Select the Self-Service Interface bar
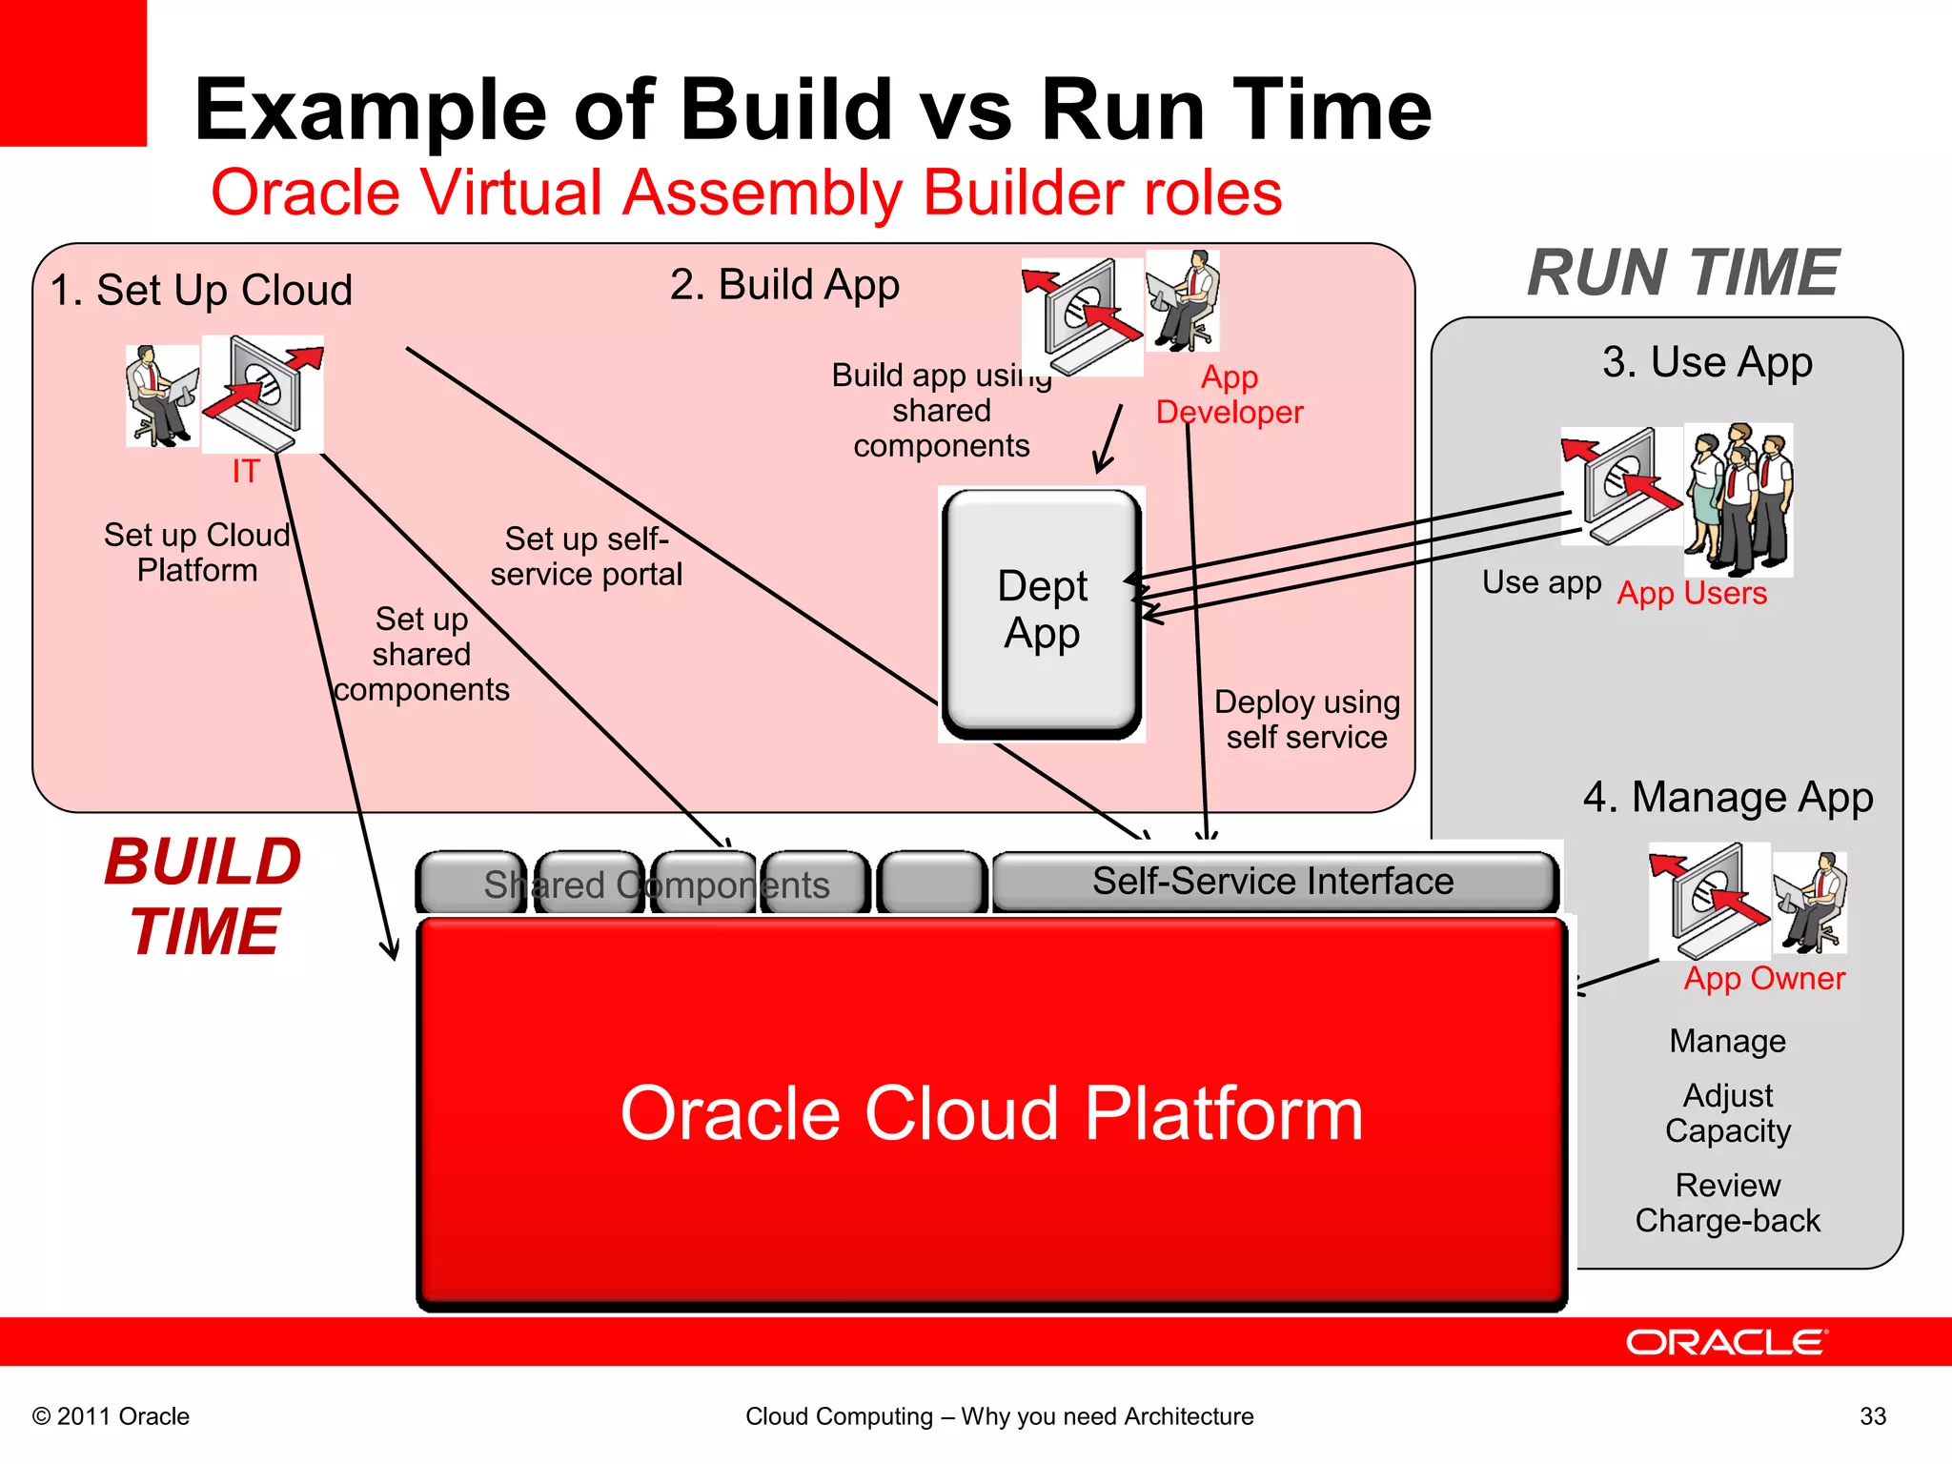[1272, 882]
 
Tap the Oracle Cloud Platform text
[991, 1113]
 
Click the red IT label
[245, 471]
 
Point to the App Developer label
[1229, 395]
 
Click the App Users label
[1692, 594]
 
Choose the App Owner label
[1763, 979]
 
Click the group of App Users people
[1738, 498]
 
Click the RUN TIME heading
[1682, 274]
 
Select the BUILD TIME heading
[203, 896]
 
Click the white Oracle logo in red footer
[1725, 1343]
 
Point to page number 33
[1872, 1416]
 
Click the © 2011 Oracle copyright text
[112, 1416]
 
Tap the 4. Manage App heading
[1727, 798]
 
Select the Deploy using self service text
[1306, 720]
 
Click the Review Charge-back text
[1727, 1203]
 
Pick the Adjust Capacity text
[1727, 1113]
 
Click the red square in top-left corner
[72, 72]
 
